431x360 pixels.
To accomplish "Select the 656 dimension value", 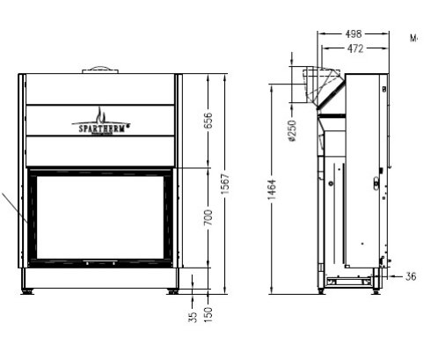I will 209,121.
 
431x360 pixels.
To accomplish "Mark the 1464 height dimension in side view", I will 273,188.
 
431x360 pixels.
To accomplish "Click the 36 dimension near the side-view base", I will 411,276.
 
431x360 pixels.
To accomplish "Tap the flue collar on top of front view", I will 100,70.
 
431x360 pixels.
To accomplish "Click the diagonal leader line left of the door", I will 12,208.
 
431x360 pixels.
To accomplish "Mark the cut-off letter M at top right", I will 414,39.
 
